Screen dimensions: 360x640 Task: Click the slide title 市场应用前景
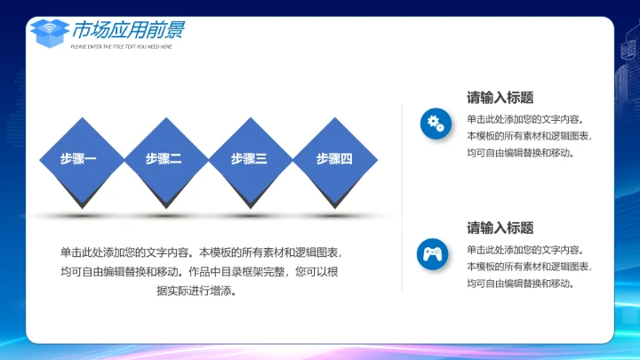pos(129,30)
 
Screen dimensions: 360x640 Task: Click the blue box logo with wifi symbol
pos(49,33)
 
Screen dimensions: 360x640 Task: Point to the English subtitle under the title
pos(122,46)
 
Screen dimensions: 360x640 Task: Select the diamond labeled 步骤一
pos(79,159)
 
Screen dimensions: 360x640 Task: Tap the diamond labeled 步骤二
pos(164,159)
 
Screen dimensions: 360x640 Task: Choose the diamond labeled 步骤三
pos(250,159)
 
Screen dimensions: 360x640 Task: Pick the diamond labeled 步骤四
pos(335,159)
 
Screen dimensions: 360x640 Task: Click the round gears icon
pos(436,124)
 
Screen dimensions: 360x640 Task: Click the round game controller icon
pos(433,254)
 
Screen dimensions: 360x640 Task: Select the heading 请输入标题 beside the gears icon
pos(500,98)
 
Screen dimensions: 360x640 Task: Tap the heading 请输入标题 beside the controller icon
pos(500,228)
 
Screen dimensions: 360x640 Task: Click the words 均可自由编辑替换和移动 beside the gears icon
pos(521,153)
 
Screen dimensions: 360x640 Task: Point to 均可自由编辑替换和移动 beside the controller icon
pos(521,284)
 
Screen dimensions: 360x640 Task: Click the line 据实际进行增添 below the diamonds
pos(196,291)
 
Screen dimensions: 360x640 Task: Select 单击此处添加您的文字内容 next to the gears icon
pos(524,119)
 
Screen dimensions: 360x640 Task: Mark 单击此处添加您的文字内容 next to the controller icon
pos(524,250)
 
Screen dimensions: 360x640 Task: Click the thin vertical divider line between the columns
pos(403,196)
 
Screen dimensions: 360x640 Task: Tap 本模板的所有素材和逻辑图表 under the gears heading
pos(528,136)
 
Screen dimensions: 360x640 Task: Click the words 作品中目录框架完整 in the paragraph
pos(236,272)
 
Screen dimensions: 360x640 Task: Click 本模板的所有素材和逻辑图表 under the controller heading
pos(528,267)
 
